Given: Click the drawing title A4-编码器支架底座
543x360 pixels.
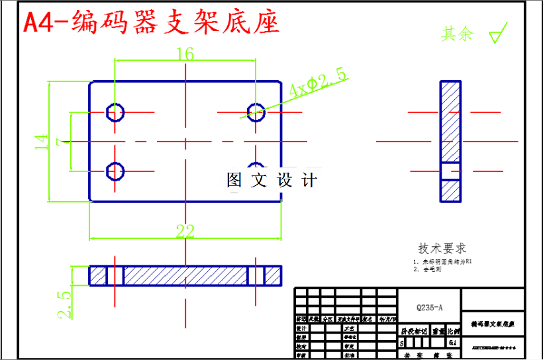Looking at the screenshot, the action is (151, 22).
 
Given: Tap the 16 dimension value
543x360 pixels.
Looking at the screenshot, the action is (185, 54).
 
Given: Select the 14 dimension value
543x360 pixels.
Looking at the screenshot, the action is (41, 141).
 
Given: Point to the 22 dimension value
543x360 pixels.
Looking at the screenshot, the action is (185, 231).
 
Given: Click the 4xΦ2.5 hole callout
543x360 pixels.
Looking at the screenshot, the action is (318, 83).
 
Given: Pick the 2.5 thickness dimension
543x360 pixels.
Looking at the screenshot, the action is (64, 304).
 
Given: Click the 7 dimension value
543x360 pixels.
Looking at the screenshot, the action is (62, 141).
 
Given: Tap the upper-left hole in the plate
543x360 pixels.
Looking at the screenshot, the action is (115, 112).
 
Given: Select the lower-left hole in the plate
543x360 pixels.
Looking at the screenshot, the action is (115, 171).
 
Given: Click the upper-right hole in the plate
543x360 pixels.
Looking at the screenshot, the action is (256, 112).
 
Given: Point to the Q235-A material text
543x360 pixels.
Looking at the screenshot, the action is (428, 308).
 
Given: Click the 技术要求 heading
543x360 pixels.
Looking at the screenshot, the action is (442, 248).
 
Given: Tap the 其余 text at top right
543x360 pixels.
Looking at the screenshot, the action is (458, 34).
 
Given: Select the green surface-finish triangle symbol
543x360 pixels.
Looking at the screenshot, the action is (497, 34).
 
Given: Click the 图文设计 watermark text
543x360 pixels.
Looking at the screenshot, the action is (272, 179).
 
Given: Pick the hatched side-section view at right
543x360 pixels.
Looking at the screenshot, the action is (450, 141).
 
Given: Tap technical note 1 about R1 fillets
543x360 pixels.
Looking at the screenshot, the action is (442, 261).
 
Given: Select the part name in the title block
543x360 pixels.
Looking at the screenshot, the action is (493, 325).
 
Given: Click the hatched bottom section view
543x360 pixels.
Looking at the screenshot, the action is (185, 275).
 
